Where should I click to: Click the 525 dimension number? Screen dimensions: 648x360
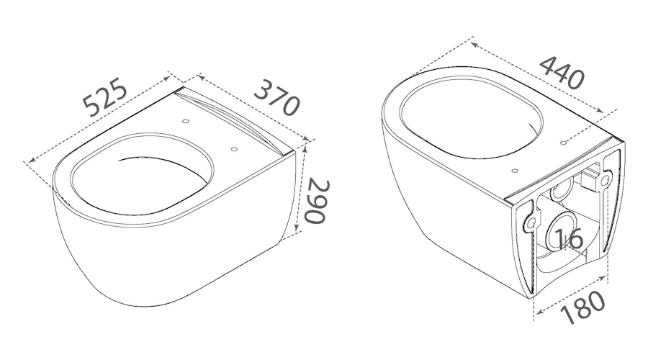(105, 97)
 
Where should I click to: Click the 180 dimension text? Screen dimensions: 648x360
(583, 307)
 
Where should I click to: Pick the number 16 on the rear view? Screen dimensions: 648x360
(569, 240)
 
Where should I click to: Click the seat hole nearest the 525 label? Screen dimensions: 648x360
(186, 122)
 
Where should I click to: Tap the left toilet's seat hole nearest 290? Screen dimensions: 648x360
(234, 149)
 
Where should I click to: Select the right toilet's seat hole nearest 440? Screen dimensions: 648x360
(563, 143)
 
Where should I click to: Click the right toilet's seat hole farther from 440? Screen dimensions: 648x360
(515, 171)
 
